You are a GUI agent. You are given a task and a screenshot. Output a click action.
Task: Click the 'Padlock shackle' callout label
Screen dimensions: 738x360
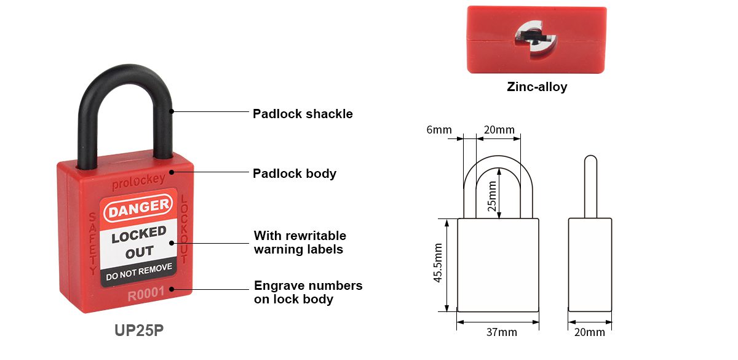point(303,114)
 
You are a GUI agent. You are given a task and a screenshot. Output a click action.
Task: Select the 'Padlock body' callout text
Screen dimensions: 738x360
point(294,174)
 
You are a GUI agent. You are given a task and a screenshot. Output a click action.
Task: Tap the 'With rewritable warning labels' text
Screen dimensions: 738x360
point(300,242)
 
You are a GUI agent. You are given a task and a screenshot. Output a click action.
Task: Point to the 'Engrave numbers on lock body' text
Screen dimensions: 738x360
point(308,292)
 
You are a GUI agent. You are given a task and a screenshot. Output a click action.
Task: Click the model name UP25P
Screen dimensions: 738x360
point(139,330)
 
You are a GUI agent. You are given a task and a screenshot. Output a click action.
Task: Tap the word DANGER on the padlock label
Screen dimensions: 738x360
point(138,207)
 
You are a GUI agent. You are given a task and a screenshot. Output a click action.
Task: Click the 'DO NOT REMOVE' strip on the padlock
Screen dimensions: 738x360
point(139,271)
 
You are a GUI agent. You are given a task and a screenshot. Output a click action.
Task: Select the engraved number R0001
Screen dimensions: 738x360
point(146,294)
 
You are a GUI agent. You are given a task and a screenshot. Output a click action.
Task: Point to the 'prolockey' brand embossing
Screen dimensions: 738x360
point(138,182)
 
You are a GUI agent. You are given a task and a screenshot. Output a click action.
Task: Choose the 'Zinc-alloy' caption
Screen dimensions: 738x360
point(537,87)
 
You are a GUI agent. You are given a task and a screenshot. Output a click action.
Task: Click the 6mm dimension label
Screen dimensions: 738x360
point(439,130)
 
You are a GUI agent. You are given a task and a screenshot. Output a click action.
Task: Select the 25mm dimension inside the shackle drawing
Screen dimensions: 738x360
point(492,196)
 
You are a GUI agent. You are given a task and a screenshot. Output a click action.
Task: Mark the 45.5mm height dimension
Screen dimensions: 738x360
point(437,263)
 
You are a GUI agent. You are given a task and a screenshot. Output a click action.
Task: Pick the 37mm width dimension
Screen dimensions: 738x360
point(501,332)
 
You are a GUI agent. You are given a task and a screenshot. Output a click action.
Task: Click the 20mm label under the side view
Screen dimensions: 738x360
point(590,332)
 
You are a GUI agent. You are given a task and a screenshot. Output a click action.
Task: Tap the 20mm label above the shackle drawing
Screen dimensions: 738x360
point(499,130)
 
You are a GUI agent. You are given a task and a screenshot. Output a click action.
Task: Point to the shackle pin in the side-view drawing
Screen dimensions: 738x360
point(591,186)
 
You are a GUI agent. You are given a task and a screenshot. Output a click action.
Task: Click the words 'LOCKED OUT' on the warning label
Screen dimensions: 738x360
point(139,242)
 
